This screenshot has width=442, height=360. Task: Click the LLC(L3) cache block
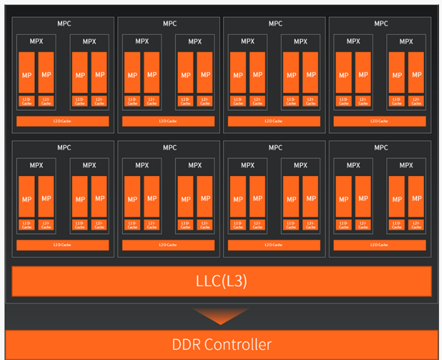pos(221,281)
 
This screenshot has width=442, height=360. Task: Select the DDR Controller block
pos(221,345)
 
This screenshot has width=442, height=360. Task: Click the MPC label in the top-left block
pos(64,24)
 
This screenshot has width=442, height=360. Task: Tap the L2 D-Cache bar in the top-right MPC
pos(379,121)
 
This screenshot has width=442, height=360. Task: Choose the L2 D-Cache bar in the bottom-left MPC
pos(63,245)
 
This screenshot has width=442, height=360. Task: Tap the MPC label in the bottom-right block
pos(381,148)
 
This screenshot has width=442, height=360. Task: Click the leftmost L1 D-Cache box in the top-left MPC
pos(27,101)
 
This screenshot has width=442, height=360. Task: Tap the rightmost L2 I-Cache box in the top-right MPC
pos(416,101)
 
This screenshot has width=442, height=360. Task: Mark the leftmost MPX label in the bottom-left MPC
pos(36,165)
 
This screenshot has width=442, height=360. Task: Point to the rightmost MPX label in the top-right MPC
pos(406,42)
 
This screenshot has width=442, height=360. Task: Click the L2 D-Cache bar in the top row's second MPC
pos(168,121)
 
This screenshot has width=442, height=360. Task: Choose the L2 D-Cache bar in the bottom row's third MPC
pos(274,245)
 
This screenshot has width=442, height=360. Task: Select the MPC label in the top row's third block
pos(275,24)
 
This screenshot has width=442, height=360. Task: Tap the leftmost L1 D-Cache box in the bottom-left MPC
pos(27,225)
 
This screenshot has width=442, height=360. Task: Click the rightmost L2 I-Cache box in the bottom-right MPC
pos(416,225)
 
